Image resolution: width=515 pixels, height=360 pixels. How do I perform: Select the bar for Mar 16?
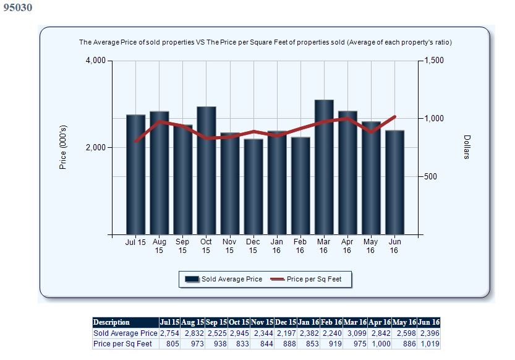tap(324, 167)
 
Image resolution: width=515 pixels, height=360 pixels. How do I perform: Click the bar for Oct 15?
tap(206, 170)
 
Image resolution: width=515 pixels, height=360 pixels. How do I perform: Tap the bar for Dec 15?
tap(253, 186)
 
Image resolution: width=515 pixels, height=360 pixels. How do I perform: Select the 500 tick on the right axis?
tap(430, 176)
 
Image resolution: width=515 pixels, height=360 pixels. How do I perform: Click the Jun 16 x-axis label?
tap(394, 246)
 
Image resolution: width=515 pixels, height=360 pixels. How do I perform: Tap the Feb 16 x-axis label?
tap(300, 246)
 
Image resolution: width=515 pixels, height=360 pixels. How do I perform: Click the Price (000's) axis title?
tap(62, 147)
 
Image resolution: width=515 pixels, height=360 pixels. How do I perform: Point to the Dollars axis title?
tap(467, 147)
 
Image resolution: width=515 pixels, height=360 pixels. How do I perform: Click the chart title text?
tap(265, 43)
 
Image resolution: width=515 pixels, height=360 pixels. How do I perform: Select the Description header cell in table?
tap(111, 322)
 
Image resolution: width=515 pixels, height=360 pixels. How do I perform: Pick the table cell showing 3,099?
tap(355, 333)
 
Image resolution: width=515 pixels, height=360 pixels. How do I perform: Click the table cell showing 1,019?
tap(428, 344)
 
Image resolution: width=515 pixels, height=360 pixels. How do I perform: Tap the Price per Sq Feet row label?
tap(122, 344)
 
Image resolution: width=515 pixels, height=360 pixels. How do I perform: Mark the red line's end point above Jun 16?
tap(394, 116)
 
